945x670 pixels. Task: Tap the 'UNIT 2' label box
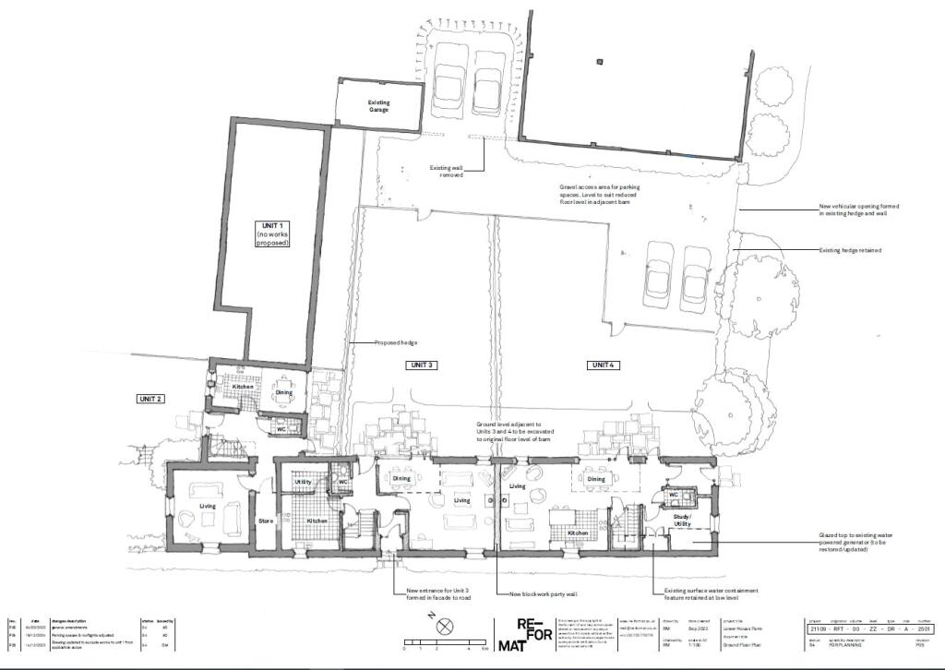tap(150, 399)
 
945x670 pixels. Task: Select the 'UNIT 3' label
tap(421, 365)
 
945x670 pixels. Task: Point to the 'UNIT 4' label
tap(601, 365)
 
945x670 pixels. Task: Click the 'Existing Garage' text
tap(379, 106)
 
